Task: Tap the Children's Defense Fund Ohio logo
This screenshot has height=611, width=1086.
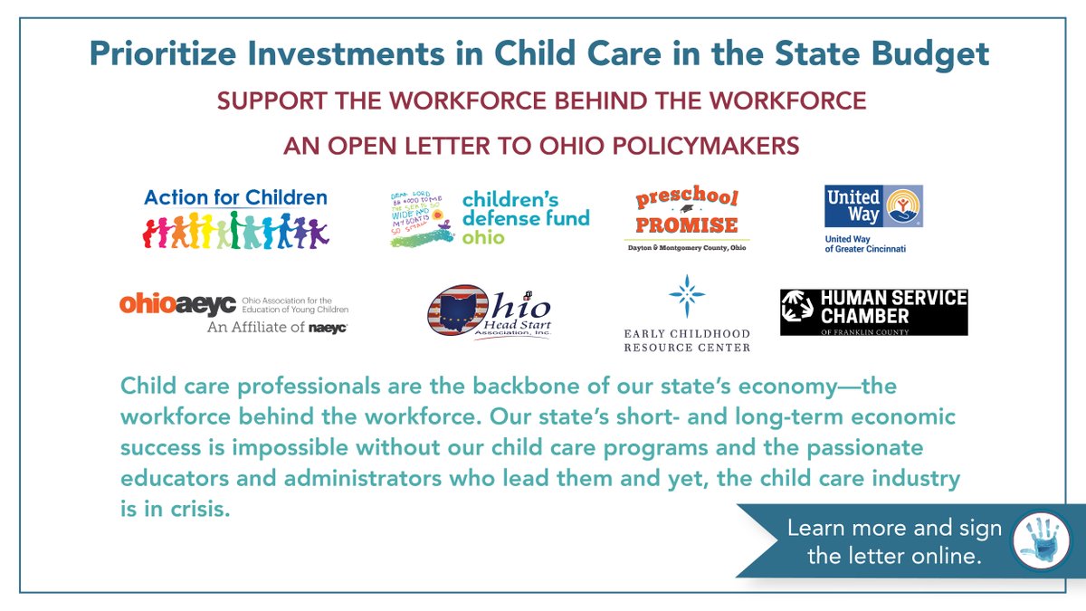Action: pos(489,218)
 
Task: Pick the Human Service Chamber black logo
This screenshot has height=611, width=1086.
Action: pos(873,312)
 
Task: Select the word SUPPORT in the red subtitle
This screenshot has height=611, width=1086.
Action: pos(265,100)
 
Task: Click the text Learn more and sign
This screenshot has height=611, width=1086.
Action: pos(894,529)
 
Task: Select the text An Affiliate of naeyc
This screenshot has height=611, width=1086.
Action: pos(277,327)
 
